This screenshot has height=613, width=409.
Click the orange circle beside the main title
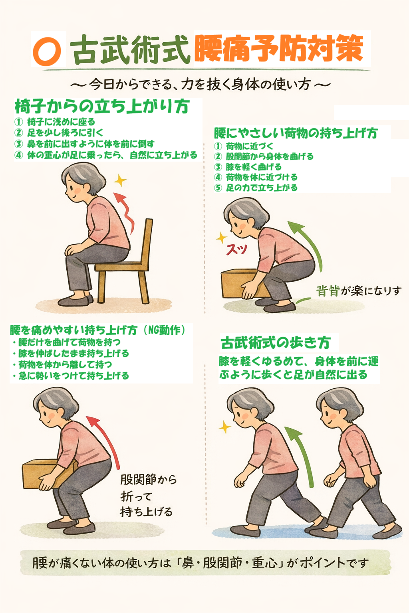[47, 51]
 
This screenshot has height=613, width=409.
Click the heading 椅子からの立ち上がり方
[102, 107]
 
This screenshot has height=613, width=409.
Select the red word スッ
[236, 249]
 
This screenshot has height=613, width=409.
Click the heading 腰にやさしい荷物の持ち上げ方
[296, 133]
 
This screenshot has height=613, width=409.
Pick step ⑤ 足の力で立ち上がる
[261, 188]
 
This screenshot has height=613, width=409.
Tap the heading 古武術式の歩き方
[276, 343]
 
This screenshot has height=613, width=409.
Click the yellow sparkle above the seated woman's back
[119, 181]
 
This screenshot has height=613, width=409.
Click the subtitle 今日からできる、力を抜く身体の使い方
[200, 85]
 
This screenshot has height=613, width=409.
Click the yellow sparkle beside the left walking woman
[225, 428]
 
